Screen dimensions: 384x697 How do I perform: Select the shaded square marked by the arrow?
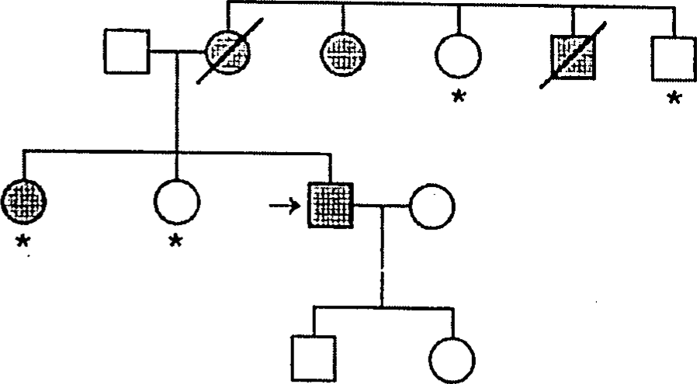coord(330,206)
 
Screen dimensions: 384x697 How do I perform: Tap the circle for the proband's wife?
coord(432,206)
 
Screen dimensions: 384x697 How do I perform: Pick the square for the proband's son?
coord(314,358)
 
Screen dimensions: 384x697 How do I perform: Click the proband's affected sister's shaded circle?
coord(24,201)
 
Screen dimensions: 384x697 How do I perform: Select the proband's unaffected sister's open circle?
coord(177,201)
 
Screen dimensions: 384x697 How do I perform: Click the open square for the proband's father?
coord(127,53)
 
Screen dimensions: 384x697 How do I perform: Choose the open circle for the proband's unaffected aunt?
coord(458,57)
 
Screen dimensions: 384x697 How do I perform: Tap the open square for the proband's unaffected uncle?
coord(673,57)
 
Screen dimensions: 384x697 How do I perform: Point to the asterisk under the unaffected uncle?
coord(674,99)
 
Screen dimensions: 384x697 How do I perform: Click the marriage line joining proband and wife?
coord(380,206)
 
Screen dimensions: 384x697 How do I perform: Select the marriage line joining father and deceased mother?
coord(177,54)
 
